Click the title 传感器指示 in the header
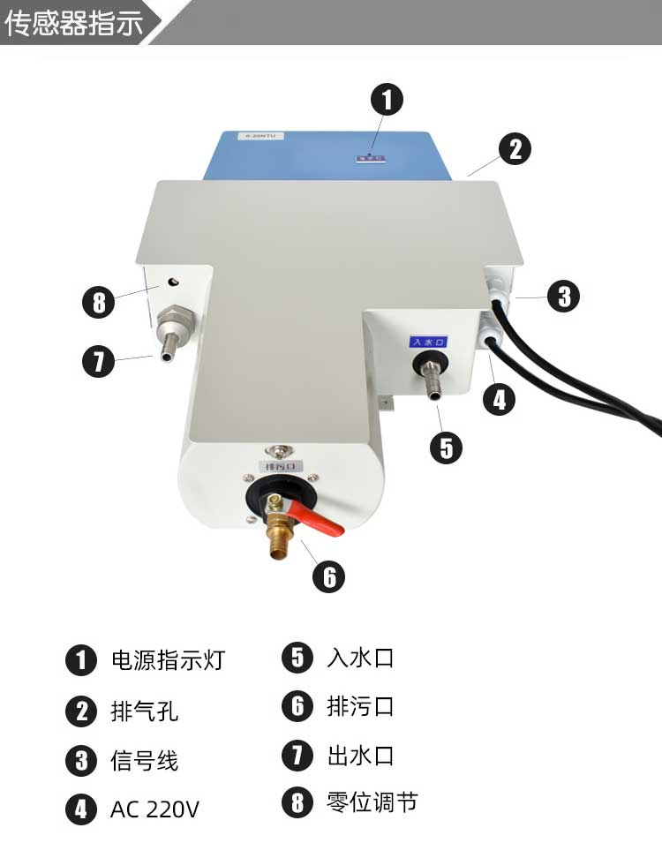tap(74, 23)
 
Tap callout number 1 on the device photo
tap(387, 99)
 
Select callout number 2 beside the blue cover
tap(515, 148)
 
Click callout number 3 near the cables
tap(563, 296)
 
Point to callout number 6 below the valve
tap(329, 576)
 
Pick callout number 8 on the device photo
tap(98, 303)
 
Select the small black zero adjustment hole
tap(172, 282)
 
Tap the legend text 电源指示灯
tap(168, 660)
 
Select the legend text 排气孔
tap(145, 711)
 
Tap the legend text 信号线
tap(145, 760)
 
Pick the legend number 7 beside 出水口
tap(297, 755)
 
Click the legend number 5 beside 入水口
tap(297, 658)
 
